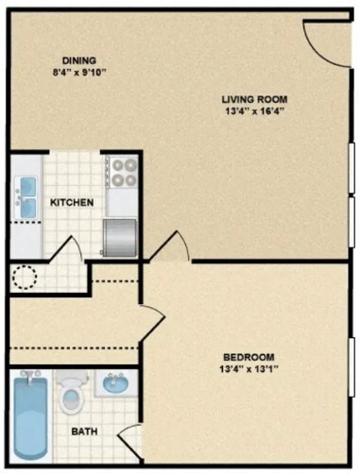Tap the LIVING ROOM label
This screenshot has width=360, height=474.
(x=254, y=99)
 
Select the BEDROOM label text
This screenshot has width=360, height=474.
(x=249, y=356)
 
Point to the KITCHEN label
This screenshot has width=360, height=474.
(x=70, y=202)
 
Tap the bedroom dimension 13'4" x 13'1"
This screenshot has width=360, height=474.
(x=249, y=369)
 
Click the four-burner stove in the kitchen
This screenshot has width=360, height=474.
(x=122, y=171)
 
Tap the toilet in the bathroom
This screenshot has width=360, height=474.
(x=71, y=397)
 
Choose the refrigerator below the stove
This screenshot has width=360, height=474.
(x=121, y=237)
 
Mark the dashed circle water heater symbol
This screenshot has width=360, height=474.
(x=24, y=277)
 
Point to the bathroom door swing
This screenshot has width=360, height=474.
(x=129, y=440)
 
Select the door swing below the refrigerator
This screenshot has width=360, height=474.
(x=171, y=247)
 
